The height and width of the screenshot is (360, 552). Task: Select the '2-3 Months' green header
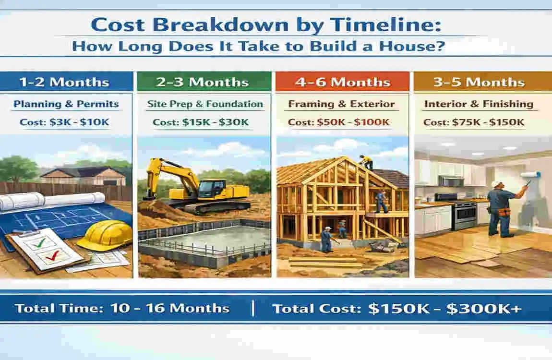(x=203, y=82)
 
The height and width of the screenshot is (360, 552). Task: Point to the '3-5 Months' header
(x=479, y=82)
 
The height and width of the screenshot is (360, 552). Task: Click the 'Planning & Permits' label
(x=66, y=104)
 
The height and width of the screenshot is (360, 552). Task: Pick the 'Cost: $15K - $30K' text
(x=201, y=122)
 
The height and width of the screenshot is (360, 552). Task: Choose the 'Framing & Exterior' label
(x=341, y=104)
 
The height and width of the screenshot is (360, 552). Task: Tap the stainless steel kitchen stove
(x=464, y=211)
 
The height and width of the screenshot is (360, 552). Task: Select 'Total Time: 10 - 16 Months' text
(x=122, y=308)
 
